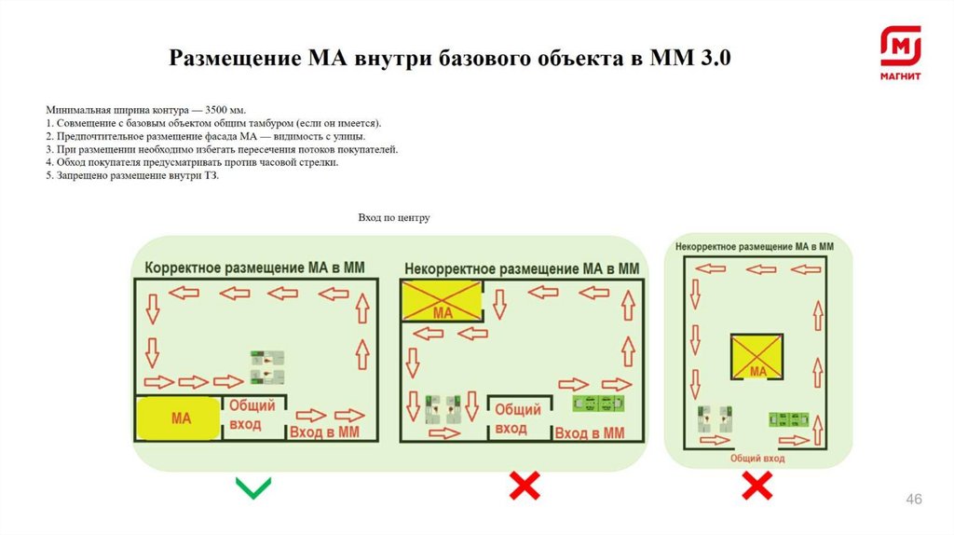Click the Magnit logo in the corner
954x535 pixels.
(900, 54)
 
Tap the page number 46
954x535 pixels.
(914, 501)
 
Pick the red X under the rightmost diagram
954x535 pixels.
(756, 485)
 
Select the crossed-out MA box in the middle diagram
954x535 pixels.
(443, 301)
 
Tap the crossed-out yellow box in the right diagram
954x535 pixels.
(757, 358)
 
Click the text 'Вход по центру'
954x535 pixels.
(394, 218)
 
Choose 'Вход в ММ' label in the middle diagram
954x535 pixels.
(589, 432)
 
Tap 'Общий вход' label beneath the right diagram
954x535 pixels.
(757, 459)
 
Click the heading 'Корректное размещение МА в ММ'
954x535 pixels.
(254, 267)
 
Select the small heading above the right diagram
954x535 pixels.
(754, 247)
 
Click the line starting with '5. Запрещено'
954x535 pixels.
(131, 175)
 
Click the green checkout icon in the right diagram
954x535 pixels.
(787, 419)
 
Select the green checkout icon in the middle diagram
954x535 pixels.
(597, 403)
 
